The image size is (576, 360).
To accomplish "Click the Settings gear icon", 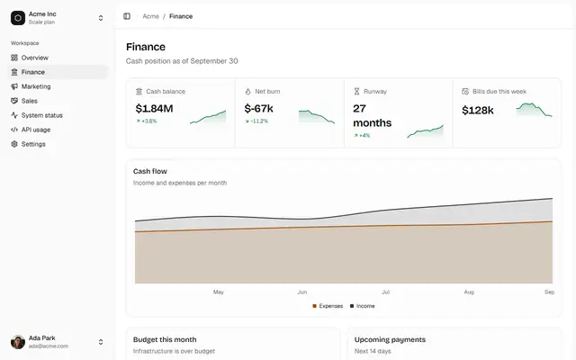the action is click(14, 144).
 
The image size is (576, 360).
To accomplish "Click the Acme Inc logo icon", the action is click(18, 18).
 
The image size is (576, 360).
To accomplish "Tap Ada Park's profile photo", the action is click(18, 342).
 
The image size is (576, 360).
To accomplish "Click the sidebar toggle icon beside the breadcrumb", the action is click(127, 16).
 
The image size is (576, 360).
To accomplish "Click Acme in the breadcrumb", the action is click(150, 16).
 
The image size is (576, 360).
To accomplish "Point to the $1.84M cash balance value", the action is click(154, 108).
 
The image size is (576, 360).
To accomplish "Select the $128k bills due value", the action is click(478, 110).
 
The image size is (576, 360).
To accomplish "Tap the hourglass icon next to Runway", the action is click(356, 92).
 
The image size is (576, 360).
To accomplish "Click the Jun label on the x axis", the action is click(302, 292).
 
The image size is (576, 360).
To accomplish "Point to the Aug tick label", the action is click(469, 292).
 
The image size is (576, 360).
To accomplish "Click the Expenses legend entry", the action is click(328, 306).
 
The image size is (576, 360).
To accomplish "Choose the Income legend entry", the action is click(362, 306).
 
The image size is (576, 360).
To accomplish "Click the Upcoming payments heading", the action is click(390, 340).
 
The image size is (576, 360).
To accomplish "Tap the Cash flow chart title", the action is click(150, 171).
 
